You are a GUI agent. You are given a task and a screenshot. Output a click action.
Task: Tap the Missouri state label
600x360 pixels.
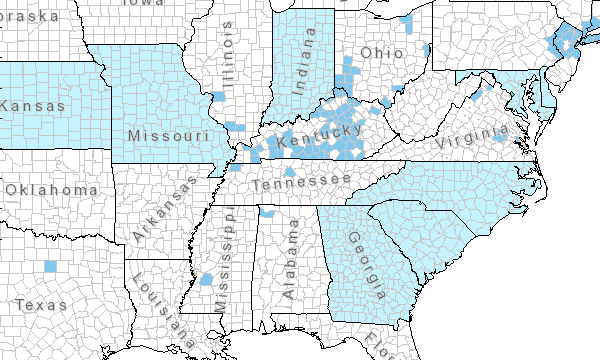pyautogui.click(x=168, y=134)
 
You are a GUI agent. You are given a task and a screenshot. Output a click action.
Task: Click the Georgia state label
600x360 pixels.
pyautogui.click(x=366, y=266)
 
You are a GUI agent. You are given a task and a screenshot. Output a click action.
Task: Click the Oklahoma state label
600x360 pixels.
pyautogui.click(x=51, y=189)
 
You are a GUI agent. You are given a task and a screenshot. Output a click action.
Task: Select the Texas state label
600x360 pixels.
pyautogui.click(x=41, y=304)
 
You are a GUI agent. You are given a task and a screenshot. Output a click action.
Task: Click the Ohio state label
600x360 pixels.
pyautogui.click(x=383, y=52)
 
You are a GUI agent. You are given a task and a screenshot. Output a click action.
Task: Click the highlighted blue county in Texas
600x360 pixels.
pyautogui.click(x=51, y=266)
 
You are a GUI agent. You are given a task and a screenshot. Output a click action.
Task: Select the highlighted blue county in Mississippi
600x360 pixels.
pyautogui.click(x=207, y=280)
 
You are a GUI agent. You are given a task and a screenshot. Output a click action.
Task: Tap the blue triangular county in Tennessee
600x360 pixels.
pyautogui.click(x=289, y=172)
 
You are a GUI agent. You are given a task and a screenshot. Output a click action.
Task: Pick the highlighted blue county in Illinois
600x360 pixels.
pyautogui.click(x=217, y=96)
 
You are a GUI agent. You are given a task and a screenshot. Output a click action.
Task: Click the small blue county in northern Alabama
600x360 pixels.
pyautogui.click(x=267, y=213)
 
